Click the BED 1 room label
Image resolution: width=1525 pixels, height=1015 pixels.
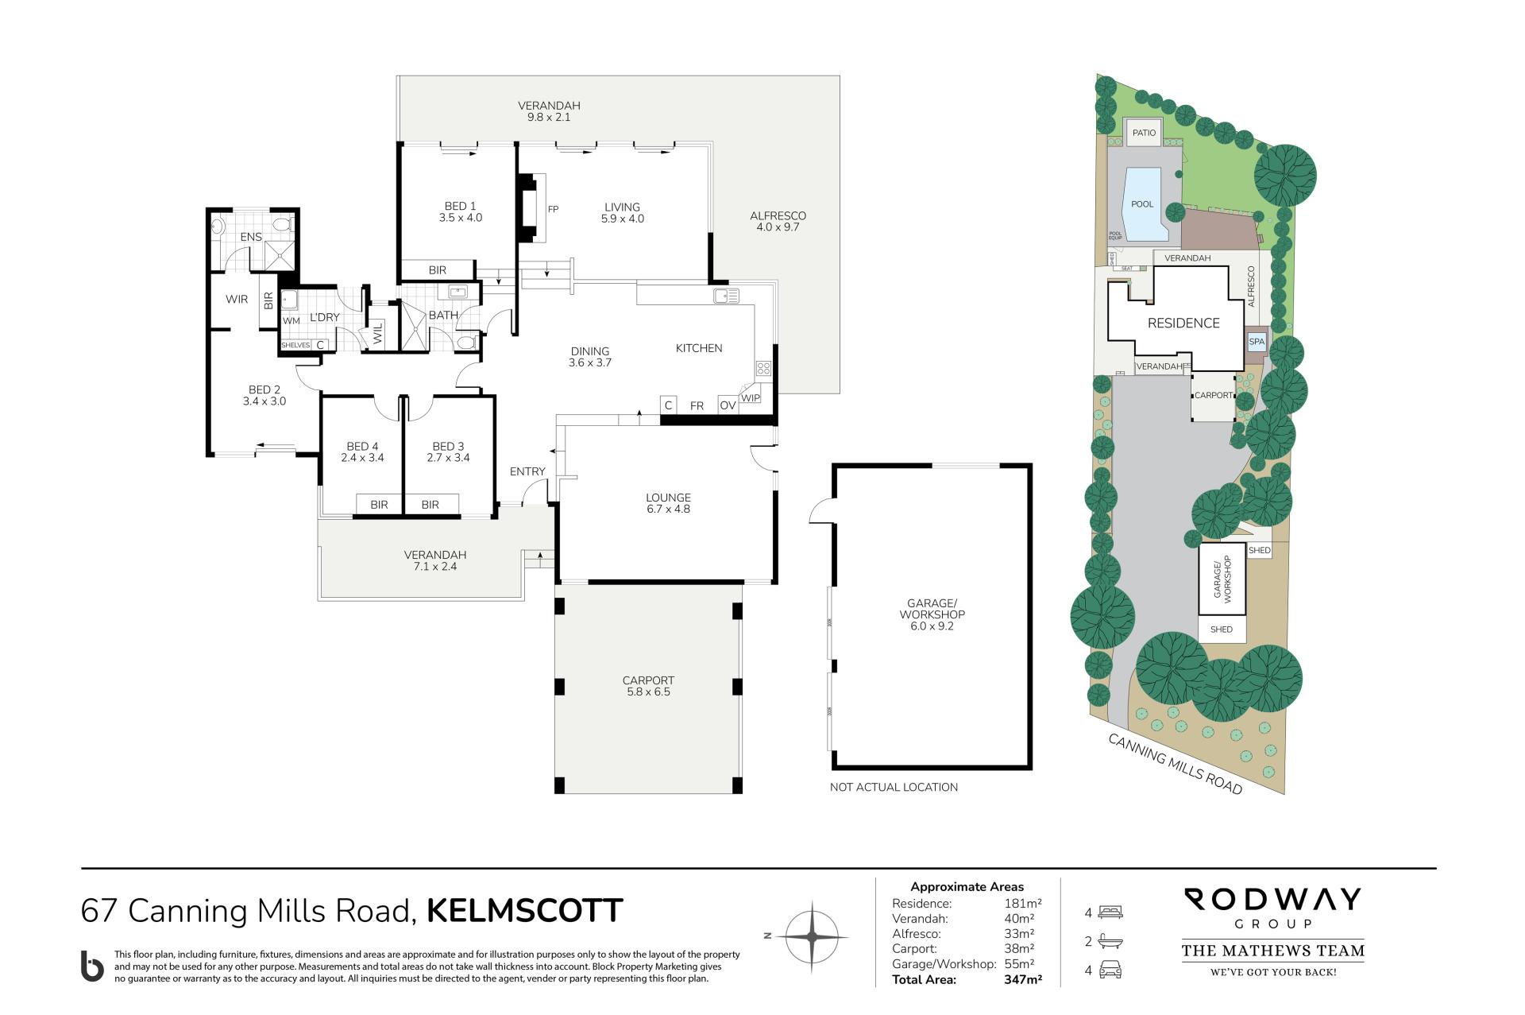pos(461,207)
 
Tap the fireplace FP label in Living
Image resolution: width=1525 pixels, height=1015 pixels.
pos(554,209)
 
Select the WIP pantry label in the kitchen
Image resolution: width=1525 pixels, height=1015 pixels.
pos(751,398)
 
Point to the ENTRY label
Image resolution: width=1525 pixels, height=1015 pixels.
pos(527,471)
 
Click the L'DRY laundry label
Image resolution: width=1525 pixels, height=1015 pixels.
pos(324,317)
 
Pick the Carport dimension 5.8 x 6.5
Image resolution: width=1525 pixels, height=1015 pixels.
pos(648,692)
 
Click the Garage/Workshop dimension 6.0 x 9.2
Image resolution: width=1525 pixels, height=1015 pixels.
pos(932,626)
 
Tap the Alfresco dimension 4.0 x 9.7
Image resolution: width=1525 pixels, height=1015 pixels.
pos(778,227)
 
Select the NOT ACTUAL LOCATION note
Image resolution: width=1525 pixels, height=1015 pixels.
pos(894,787)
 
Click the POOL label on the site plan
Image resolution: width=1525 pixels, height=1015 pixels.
pos(1142,204)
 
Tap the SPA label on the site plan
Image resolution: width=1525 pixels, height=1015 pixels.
pos(1257,342)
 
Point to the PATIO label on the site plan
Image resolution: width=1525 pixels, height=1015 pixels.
pos(1145,133)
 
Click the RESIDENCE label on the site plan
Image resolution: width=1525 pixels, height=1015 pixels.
pos(1183,323)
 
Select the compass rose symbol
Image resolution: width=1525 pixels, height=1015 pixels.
pos(812,937)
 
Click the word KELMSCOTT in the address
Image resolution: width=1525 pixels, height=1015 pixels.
pos(525,911)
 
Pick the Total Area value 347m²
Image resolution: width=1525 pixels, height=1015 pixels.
pos(1023,980)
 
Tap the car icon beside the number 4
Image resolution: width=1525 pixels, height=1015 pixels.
pos(1110,970)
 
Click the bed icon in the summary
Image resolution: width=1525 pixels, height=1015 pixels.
pos(1110,912)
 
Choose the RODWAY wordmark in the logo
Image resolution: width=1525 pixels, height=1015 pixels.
pos(1273,900)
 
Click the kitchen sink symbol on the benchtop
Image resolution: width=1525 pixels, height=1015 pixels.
pos(727,296)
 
